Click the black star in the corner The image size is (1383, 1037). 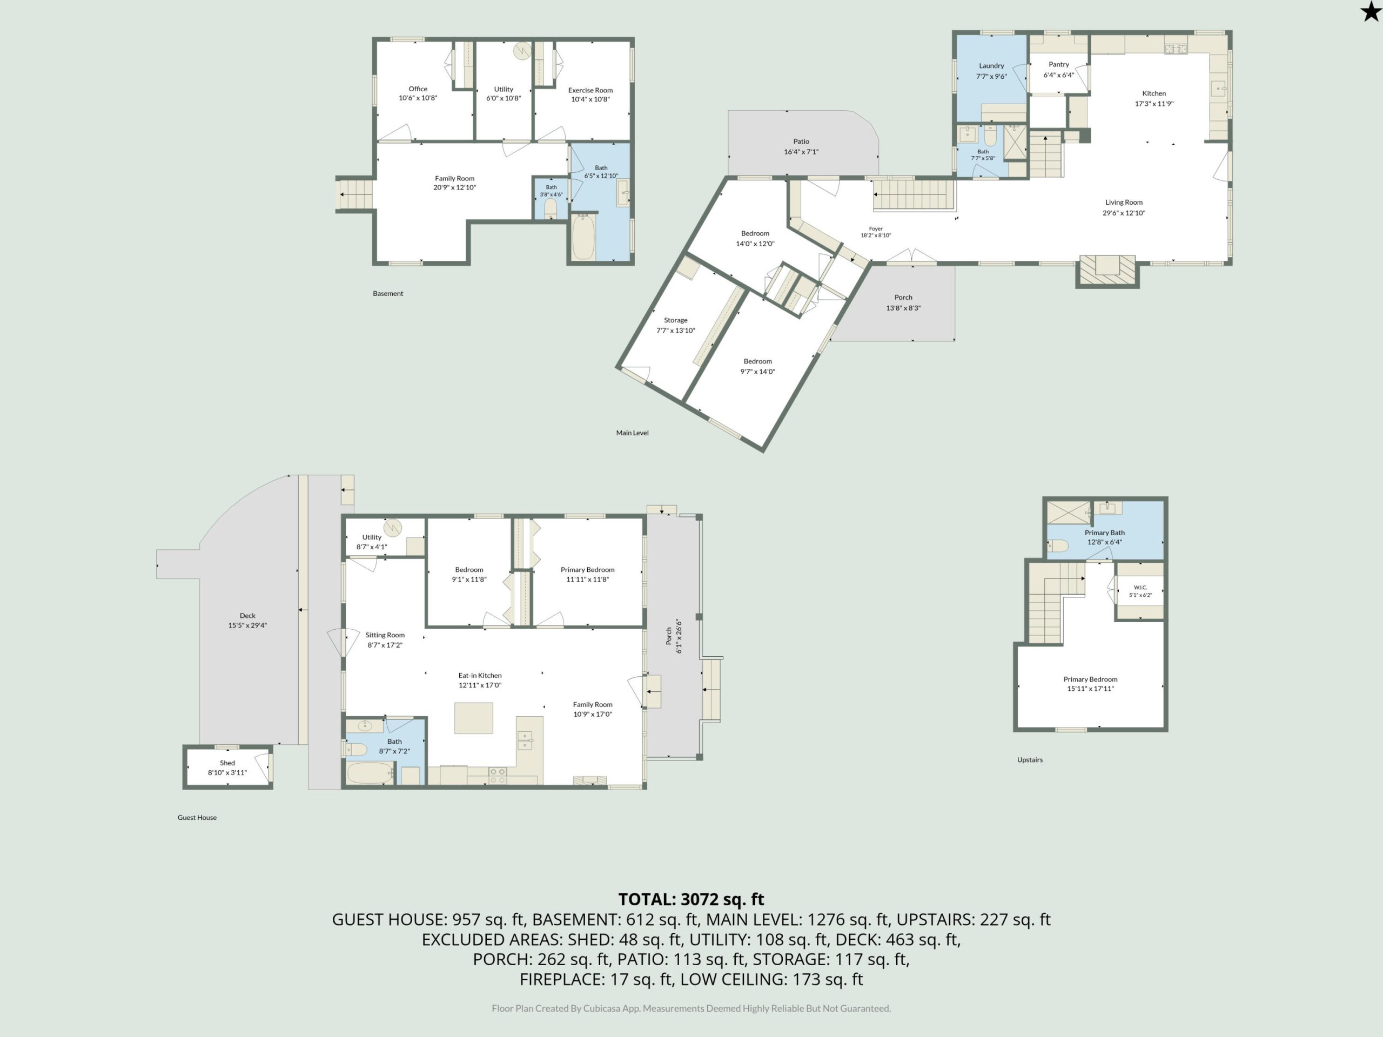pyautogui.click(x=1371, y=11)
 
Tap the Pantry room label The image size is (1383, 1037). pyautogui.click(x=1058, y=64)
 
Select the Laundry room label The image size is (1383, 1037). pyautogui.click(x=991, y=66)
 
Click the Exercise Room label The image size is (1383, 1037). pyautogui.click(x=590, y=90)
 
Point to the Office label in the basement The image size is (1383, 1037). pyautogui.click(x=418, y=89)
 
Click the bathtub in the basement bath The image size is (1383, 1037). pyautogui.click(x=583, y=236)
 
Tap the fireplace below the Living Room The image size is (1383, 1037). pyautogui.click(x=1107, y=271)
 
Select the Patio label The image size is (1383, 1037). pyautogui.click(x=801, y=142)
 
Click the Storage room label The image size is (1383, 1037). pyautogui.click(x=675, y=320)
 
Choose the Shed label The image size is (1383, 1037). pyautogui.click(x=227, y=763)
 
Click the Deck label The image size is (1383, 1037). pyautogui.click(x=247, y=616)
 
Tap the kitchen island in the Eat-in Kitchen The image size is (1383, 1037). pyautogui.click(x=473, y=718)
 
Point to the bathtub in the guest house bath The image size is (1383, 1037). pyautogui.click(x=370, y=773)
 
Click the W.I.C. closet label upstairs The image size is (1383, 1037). pyautogui.click(x=1140, y=588)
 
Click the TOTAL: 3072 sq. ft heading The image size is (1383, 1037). pyautogui.click(x=691, y=899)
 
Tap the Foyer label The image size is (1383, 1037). pyautogui.click(x=875, y=229)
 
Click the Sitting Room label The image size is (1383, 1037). pyautogui.click(x=385, y=635)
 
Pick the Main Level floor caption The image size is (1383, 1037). pyautogui.click(x=632, y=433)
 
